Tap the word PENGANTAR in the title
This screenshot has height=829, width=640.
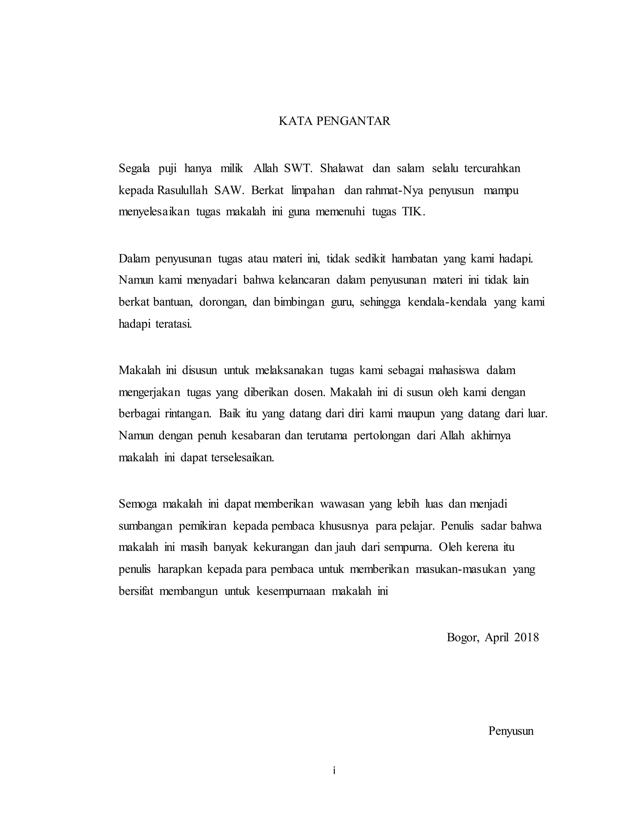click(352, 121)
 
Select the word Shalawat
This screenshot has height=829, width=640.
click(341, 168)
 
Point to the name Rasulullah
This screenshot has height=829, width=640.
click(182, 190)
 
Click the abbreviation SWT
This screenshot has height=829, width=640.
click(298, 168)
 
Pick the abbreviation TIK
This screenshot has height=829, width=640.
click(413, 212)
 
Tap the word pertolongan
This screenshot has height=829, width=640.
click(382, 436)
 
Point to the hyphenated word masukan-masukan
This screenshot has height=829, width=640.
click(461, 569)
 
